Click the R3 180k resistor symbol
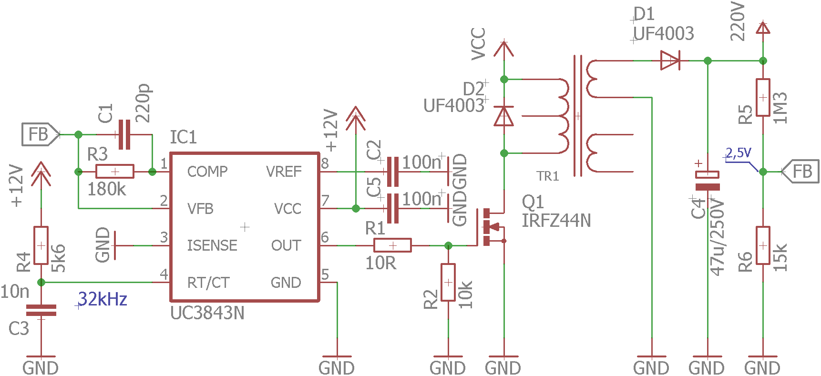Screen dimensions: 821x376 tap(115, 172)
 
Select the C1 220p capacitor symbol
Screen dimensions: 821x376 tap(124, 134)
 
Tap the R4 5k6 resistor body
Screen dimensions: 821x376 tap(41, 245)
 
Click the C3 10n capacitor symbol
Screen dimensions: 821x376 tap(41, 310)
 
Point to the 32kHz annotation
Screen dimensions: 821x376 tap(103, 299)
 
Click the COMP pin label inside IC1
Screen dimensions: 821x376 tap(207, 172)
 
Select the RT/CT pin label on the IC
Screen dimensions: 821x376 tap(208, 283)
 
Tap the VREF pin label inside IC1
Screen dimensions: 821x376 tap(284, 172)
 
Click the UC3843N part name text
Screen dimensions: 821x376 tap(207, 313)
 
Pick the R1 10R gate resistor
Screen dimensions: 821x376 tap(392, 245)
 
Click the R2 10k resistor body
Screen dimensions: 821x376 tap(448, 283)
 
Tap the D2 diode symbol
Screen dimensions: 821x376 tap(504, 116)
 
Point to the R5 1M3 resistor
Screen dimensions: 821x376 tap(763, 97)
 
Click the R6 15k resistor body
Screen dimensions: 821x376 tap(763, 245)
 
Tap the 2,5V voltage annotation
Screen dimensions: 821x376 tap(739, 153)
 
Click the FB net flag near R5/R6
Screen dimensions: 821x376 tap(800, 172)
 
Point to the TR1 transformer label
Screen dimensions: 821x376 tap(548, 176)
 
